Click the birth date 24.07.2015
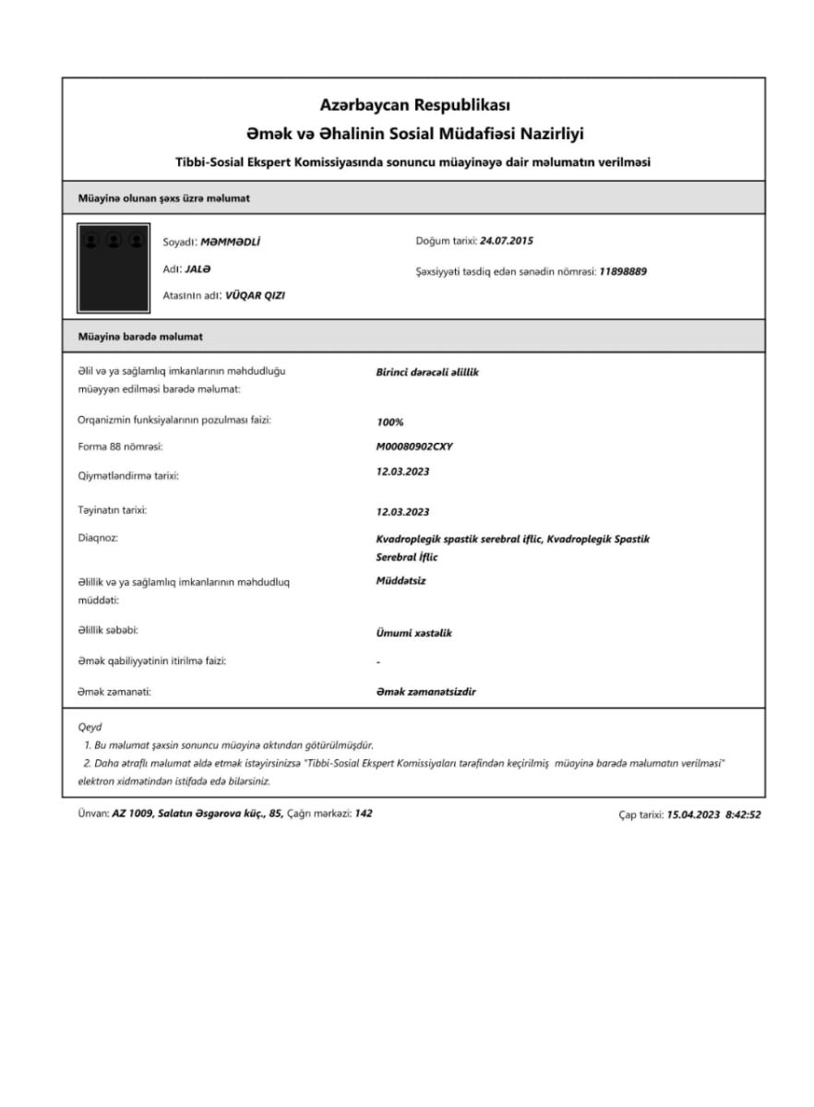pos(508,242)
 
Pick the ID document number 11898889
pos(623,271)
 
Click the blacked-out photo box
pos(114,267)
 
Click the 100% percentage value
pos(390,422)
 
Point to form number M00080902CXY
pos(414,446)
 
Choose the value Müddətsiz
pos(401,581)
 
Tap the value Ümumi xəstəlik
pos(414,633)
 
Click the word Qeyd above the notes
pos(90,727)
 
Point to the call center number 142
pos(364,814)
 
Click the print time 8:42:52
pos(739,815)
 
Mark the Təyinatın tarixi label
pos(113,510)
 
